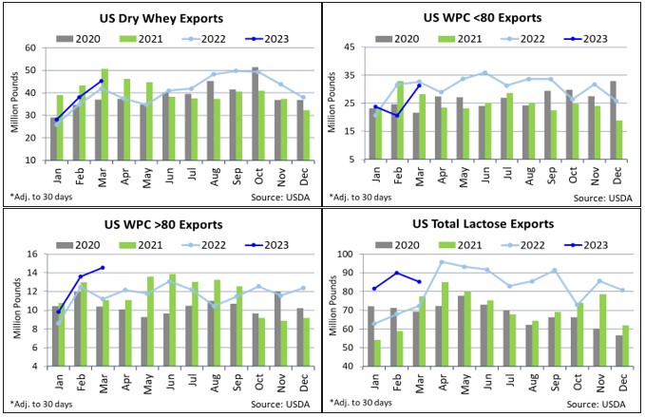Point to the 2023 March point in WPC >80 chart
click(x=102, y=268)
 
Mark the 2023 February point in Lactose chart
click(x=395, y=274)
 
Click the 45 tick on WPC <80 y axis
click(x=353, y=47)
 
